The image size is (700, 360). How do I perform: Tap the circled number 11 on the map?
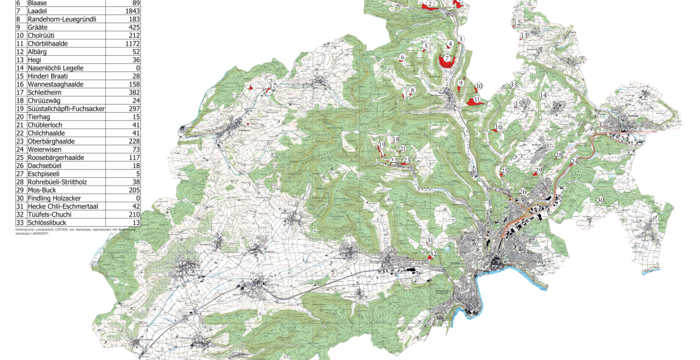point(478,99)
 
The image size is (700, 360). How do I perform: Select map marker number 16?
point(500,127)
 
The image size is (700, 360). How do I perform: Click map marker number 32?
point(430,241)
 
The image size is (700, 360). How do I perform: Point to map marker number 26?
point(522,190)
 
